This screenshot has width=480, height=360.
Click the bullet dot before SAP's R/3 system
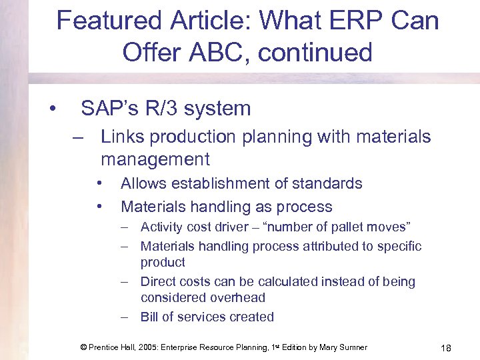tap(51, 109)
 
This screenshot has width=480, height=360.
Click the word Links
tap(123, 137)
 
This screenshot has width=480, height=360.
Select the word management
tap(155, 159)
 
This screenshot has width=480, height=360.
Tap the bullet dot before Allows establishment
tap(98, 183)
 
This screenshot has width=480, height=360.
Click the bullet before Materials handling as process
tap(98, 206)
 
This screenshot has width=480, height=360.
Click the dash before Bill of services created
tap(125, 317)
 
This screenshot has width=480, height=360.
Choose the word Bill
tap(149, 317)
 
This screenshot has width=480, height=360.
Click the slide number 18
tap(446, 347)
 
